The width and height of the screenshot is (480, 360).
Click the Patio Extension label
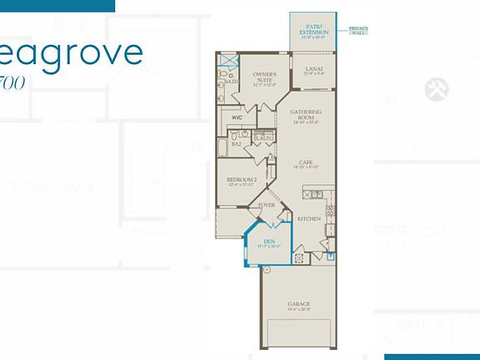tap(313, 32)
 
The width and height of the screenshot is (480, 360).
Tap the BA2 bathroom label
tap(237, 143)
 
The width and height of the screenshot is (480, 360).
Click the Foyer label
tap(267, 204)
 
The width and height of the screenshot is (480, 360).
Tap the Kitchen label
tap(308, 219)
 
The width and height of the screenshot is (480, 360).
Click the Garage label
tap(301, 304)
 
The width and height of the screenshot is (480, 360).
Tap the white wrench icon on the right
tap(432, 89)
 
